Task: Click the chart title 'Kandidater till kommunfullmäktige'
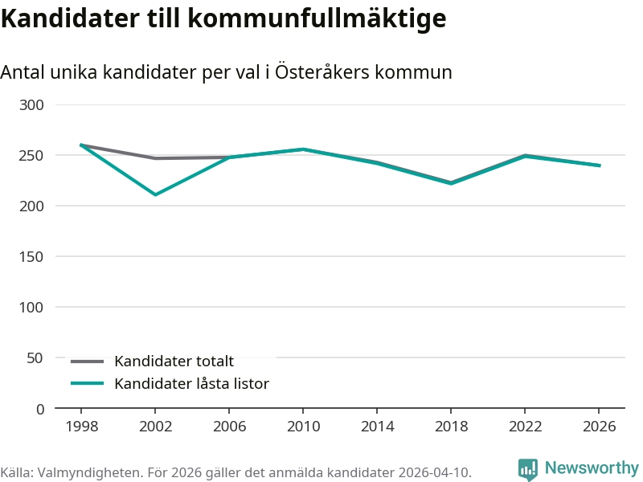pyautogui.click(x=223, y=18)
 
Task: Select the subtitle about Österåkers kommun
pyautogui.click(x=226, y=72)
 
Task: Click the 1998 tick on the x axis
pyautogui.click(x=82, y=426)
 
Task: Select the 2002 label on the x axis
pyautogui.click(x=156, y=426)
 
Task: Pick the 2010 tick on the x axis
pyautogui.click(x=303, y=426)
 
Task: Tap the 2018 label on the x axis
pyautogui.click(x=451, y=426)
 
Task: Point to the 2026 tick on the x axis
pyautogui.click(x=599, y=426)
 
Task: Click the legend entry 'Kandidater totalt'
pyautogui.click(x=174, y=361)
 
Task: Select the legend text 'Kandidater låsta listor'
pyautogui.click(x=191, y=384)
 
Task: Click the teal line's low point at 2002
pyautogui.click(x=155, y=194)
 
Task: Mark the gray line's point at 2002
pyautogui.click(x=155, y=158)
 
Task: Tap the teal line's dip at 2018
pyautogui.click(x=451, y=183)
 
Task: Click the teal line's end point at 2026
pyautogui.click(x=599, y=165)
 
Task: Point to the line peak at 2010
pyautogui.click(x=303, y=149)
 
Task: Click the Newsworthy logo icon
pyautogui.click(x=528, y=469)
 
